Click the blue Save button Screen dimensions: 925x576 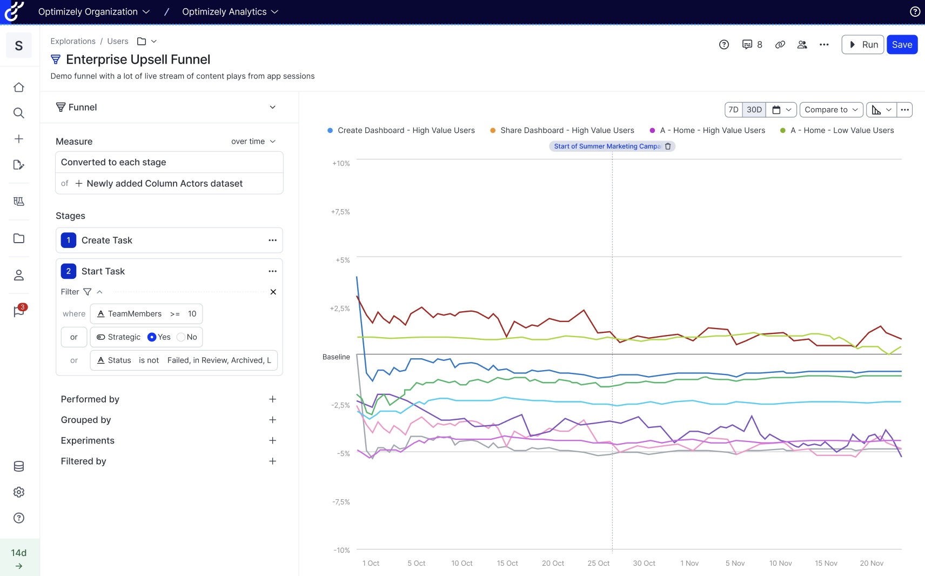[902, 45]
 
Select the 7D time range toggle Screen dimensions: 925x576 [733, 110]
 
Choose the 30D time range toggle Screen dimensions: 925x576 [754, 110]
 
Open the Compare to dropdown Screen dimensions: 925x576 [831, 110]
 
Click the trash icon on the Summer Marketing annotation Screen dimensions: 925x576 [668, 146]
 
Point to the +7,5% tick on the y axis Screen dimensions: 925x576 [340, 212]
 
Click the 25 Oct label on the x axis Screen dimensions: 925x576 [598, 563]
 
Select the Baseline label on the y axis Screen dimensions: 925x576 [336, 357]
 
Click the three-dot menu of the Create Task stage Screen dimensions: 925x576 [272, 240]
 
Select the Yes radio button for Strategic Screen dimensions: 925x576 [152, 337]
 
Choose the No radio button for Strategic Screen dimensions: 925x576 [181, 337]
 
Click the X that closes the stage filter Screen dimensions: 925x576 [273, 292]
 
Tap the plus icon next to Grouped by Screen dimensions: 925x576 [272, 420]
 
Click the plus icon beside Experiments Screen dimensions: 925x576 [272, 440]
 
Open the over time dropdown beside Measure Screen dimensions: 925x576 [253, 141]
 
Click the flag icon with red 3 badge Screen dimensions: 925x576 [19, 311]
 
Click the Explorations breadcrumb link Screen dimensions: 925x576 [73, 41]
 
